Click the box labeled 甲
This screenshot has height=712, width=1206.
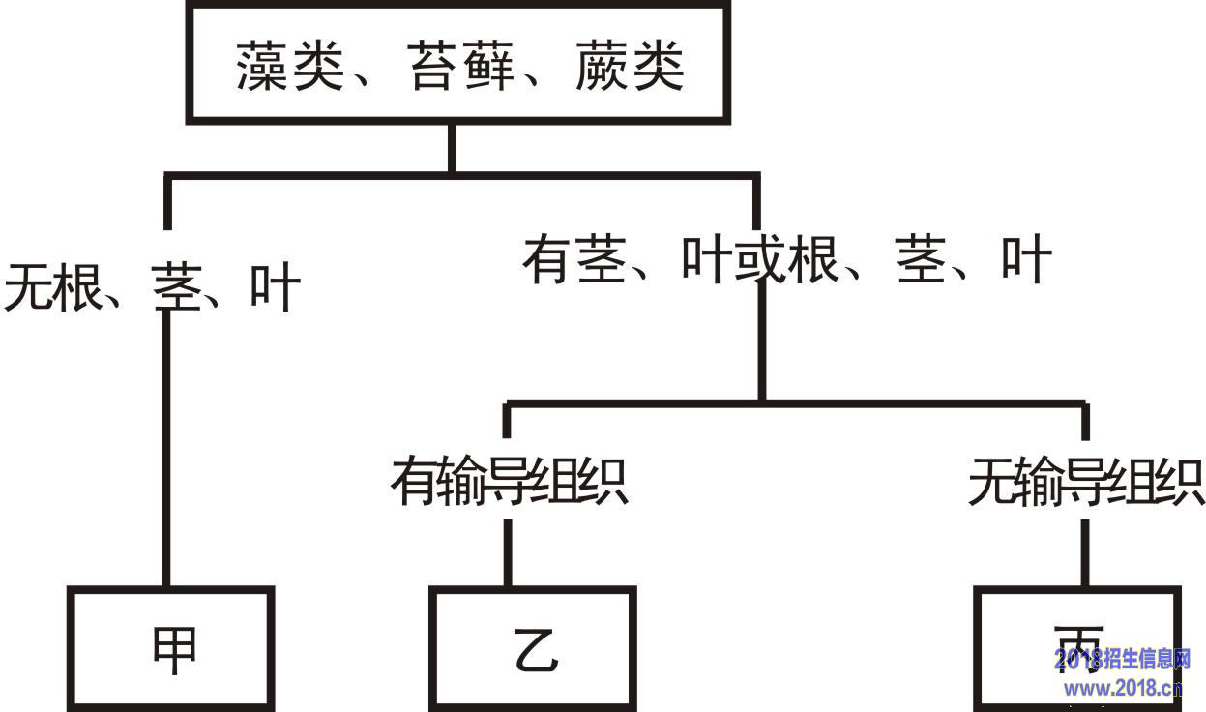[x=170, y=646]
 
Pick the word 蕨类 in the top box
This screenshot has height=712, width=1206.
[x=630, y=67]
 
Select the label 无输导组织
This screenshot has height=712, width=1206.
[x=1086, y=481]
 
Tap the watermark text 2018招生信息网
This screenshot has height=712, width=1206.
[x=1122, y=661]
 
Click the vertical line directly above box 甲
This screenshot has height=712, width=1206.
[x=166, y=445]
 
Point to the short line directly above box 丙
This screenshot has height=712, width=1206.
[x=1085, y=551]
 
